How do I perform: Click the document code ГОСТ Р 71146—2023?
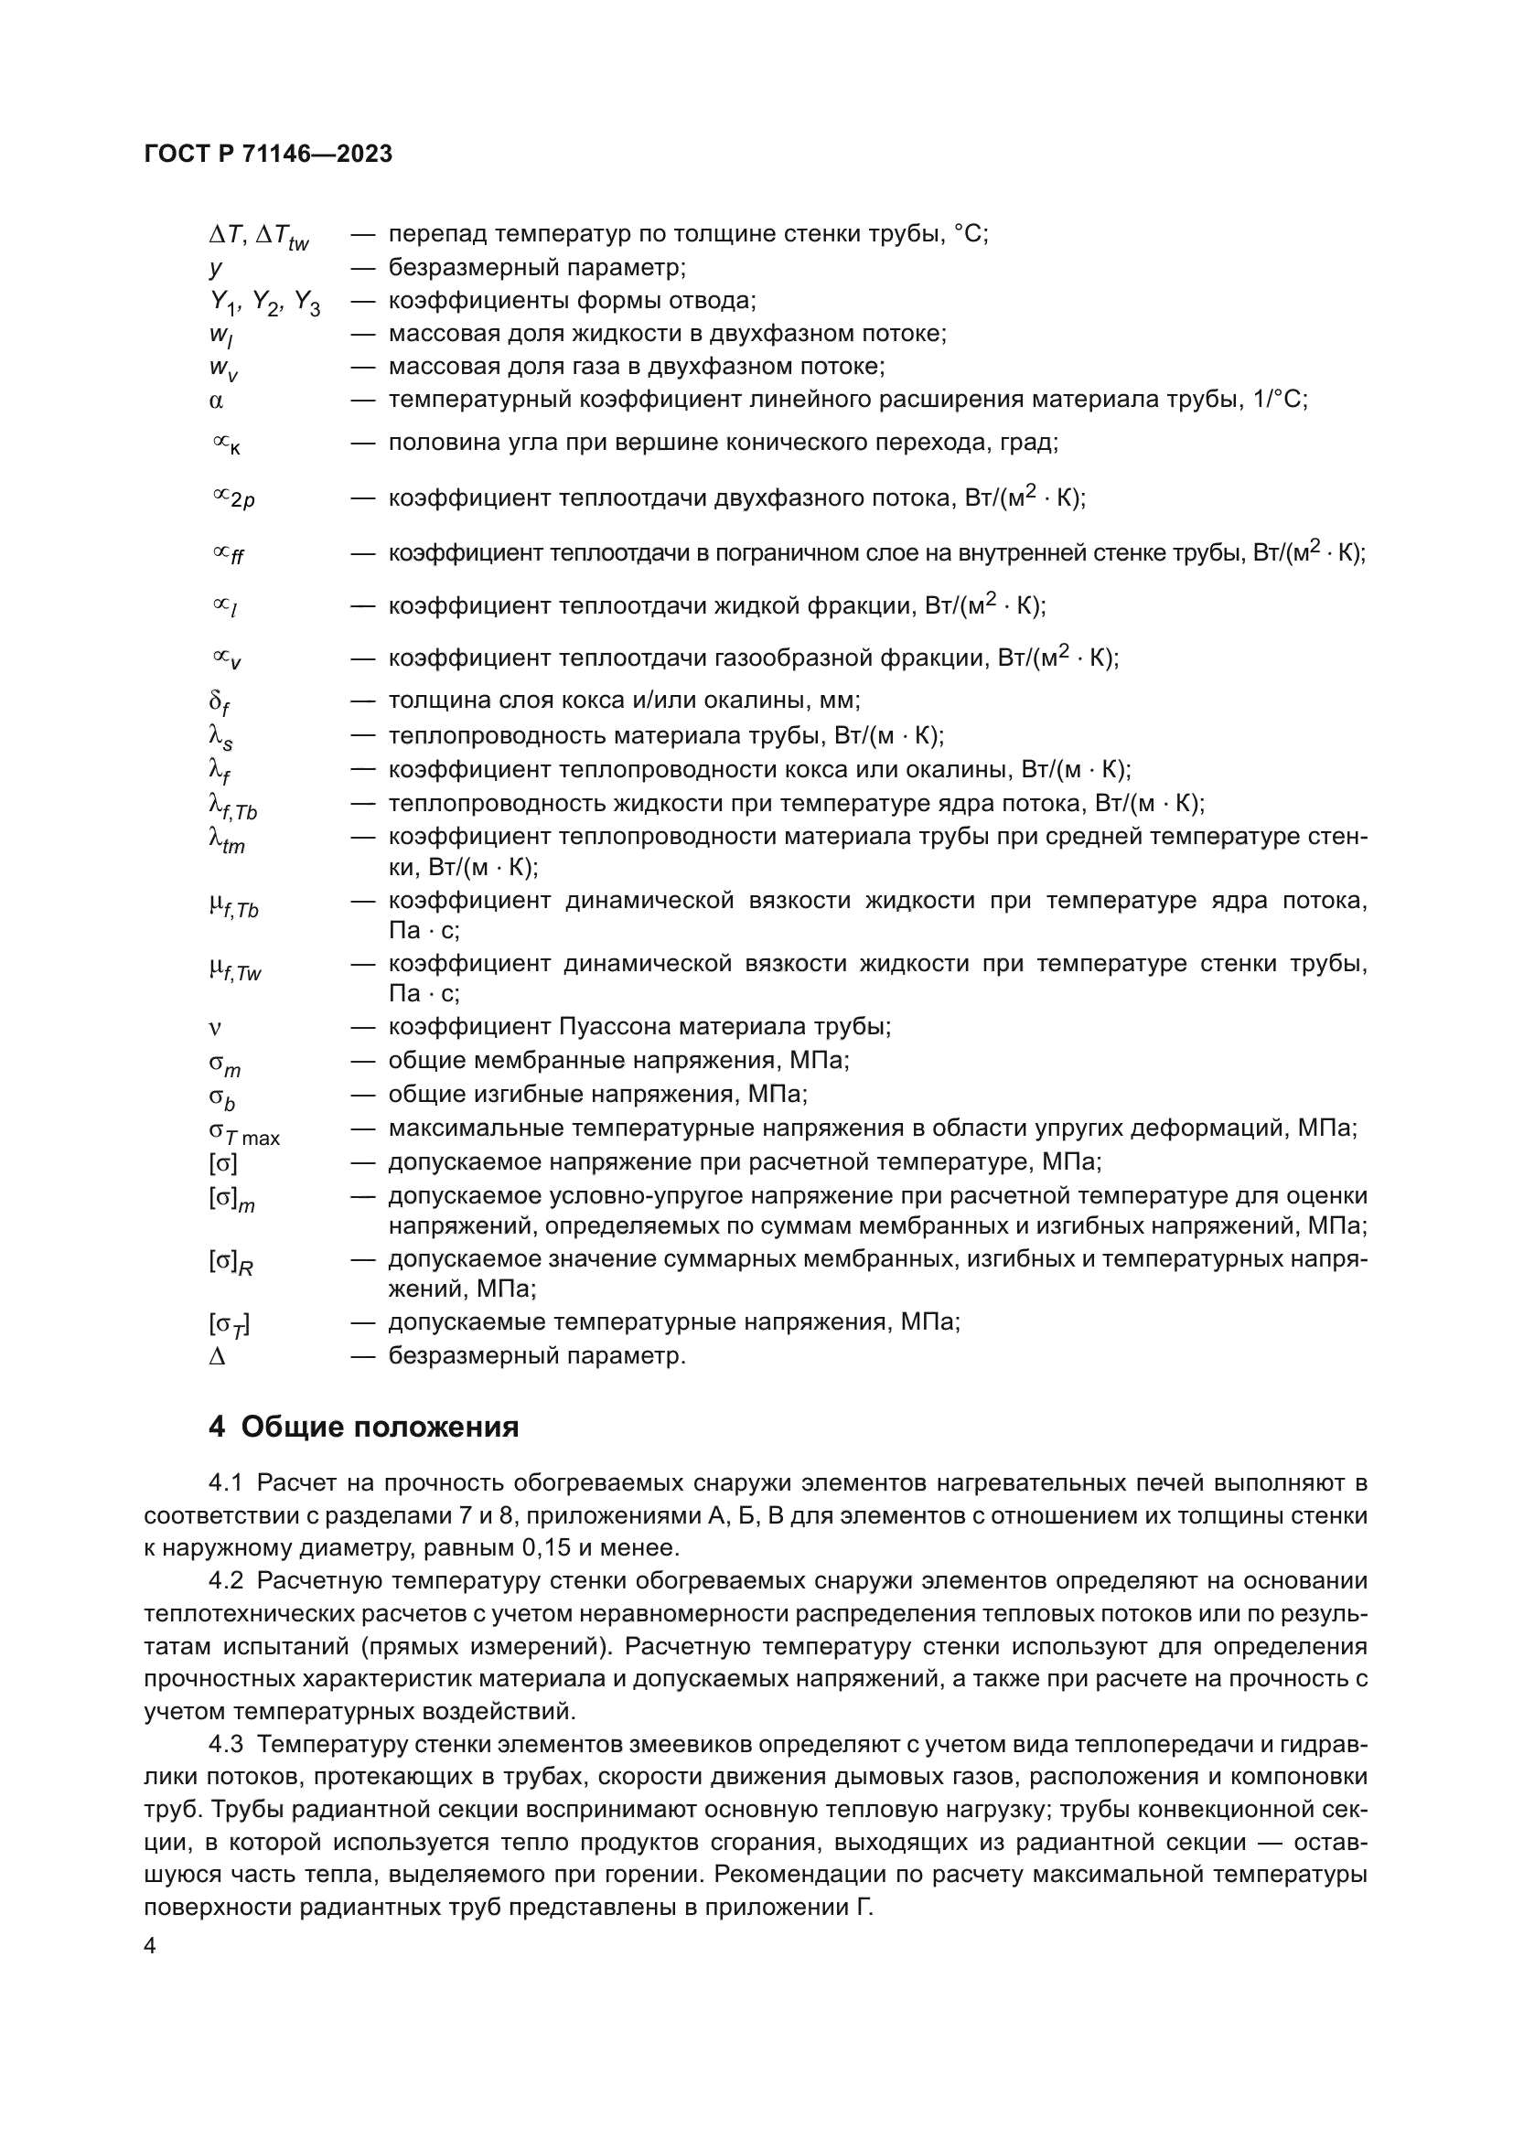268,155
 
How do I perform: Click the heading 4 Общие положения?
363,1427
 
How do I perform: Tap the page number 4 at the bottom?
151,1946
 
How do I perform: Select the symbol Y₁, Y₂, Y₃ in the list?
263,302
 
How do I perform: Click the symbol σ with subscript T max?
243,1132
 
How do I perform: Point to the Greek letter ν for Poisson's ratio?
215,1028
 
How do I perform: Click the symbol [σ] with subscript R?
231,1262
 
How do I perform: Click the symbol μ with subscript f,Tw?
235,969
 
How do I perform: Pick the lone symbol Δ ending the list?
217,1356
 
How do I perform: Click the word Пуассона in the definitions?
615,1027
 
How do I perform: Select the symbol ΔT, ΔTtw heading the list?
258,237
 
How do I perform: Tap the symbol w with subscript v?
222,369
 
